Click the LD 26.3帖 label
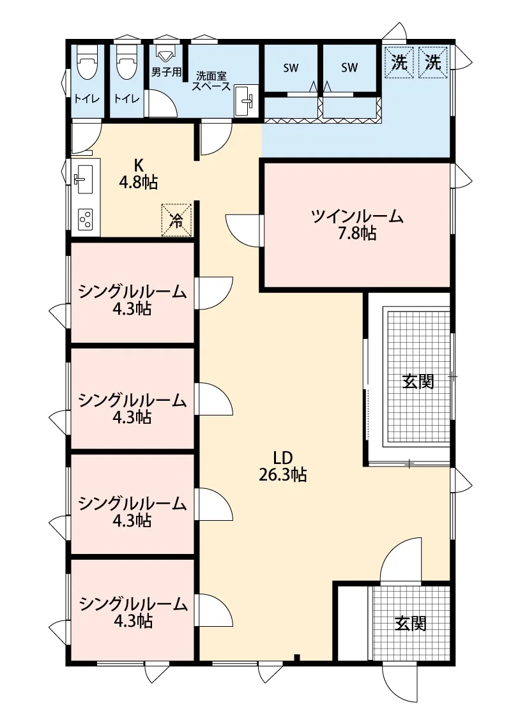pyautogui.click(x=282, y=466)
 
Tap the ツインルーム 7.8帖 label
pyautogui.click(x=357, y=225)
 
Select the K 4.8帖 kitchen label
pyautogui.click(x=138, y=174)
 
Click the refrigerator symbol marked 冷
pyautogui.click(x=176, y=220)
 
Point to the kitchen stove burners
pyautogui.click(x=86, y=220)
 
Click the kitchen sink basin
pyautogui.click(x=84, y=179)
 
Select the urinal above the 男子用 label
pyautogui.click(x=165, y=53)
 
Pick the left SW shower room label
pyautogui.click(x=291, y=68)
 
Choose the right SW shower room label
pyautogui.click(x=349, y=68)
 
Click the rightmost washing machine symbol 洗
pyautogui.click(x=433, y=63)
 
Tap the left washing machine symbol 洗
pyautogui.click(x=399, y=63)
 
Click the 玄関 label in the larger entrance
pyautogui.click(x=418, y=381)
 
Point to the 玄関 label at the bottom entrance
pyautogui.click(x=411, y=623)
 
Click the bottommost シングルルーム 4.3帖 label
pyautogui.click(x=133, y=612)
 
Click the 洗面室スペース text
pyautogui.click(x=211, y=81)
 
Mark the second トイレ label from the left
pyautogui.click(x=126, y=98)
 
